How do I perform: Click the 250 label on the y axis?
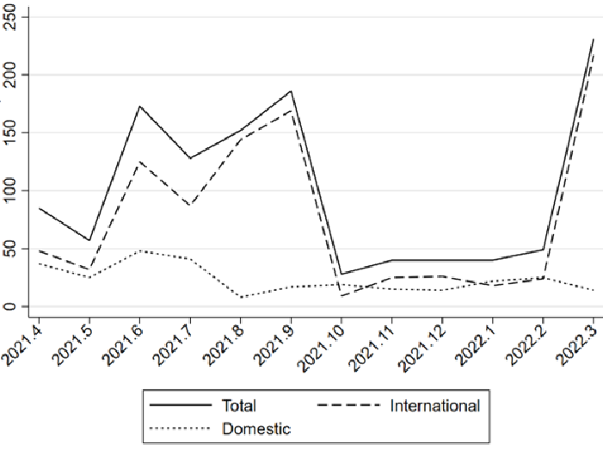click(10, 17)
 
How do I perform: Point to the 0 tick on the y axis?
click(10, 306)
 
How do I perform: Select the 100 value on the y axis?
click(10, 190)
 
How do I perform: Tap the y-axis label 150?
click(10, 133)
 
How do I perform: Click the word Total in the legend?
click(238, 405)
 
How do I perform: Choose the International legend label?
click(435, 405)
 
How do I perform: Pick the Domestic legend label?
click(256, 429)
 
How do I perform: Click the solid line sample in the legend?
click(181, 405)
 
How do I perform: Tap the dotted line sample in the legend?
click(181, 428)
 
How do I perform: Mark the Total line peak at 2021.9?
click(291, 91)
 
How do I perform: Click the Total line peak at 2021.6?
click(139, 106)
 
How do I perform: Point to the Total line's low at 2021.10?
click(341, 274)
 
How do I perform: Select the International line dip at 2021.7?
click(190, 205)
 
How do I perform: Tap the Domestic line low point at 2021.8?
click(241, 297)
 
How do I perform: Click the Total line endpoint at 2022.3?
click(594, 39)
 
